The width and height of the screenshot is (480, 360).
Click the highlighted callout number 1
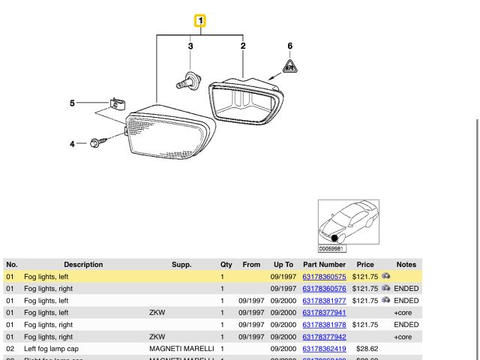[x=200, y=21]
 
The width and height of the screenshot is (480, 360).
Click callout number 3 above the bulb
[x=190, y=46]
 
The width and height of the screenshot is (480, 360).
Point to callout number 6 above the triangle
[x=290, y=46]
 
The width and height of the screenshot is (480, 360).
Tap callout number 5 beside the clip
[x=73, y=103]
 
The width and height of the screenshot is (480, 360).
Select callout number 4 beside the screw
[x=73, y=143]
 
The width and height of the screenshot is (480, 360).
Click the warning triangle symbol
[x=290, y=67]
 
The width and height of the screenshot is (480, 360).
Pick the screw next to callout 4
[x=96, y=142]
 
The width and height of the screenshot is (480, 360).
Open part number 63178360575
[x=324, y=277]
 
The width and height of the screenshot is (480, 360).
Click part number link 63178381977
[x=324, y=301]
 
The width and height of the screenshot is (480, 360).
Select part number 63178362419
[x=324, y=349]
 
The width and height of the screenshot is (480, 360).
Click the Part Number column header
[x=324, y=265]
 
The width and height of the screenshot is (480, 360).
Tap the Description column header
[x=83, y=265]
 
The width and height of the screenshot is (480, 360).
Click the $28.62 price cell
[x=367, y=349]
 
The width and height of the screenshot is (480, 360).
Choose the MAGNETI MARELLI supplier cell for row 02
[x=182, y=349]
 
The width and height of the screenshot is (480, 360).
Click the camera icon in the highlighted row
[x=386, y=277]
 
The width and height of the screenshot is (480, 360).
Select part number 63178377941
[x=324, y=313]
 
